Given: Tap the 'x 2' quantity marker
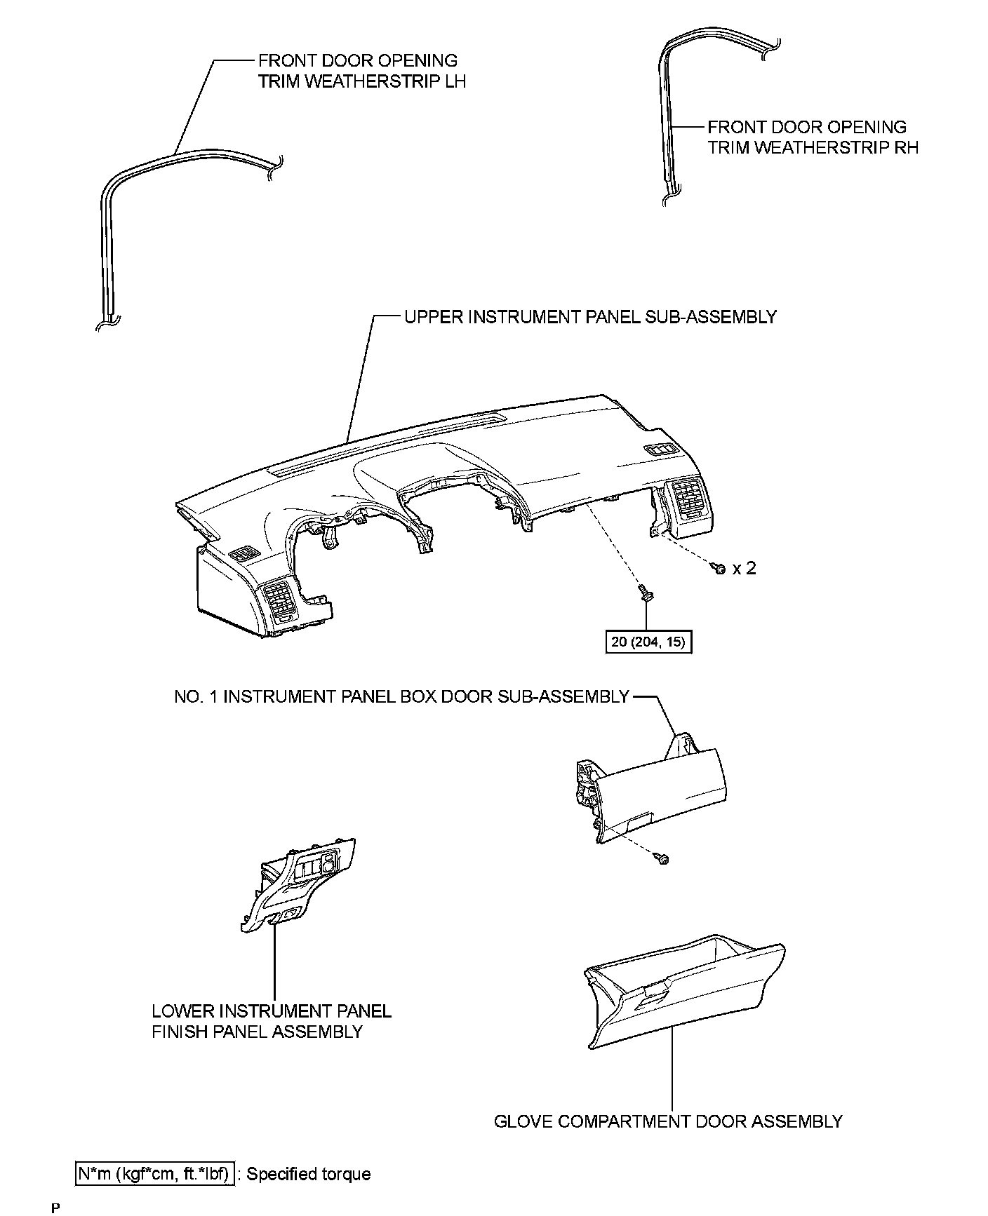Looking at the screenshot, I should point(744,568).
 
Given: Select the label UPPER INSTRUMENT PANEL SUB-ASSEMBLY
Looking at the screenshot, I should point(590,317).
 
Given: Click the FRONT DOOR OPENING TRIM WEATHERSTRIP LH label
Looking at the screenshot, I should point(361,71).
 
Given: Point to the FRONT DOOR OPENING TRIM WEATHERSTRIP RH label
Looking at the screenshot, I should point(812,137).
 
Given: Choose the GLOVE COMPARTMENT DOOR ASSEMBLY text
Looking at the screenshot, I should point(668,1121).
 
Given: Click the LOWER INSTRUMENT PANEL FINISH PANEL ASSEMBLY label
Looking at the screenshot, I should point(272,1021).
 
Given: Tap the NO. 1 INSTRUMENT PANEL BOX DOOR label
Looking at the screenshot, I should point(401,696).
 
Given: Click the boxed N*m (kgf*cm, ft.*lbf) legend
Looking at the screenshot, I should point(155,1174).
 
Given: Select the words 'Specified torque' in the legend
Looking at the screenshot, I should point(309,1174).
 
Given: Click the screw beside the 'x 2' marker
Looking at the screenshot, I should point(718,568).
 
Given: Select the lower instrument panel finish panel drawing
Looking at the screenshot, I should point(298,887).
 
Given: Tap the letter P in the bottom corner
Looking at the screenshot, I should point(55,1208).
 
